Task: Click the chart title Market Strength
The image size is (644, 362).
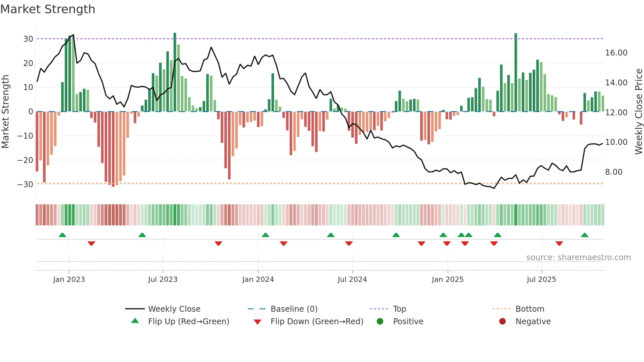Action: click(x=48, y=9)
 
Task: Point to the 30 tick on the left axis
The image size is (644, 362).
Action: click(x=28, y=39)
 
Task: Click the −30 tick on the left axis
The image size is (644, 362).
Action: click(x=25, y=184)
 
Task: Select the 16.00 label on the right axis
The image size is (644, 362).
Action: click(x=616, y=53)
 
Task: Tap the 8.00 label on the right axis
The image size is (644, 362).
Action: click(x=613, y=172)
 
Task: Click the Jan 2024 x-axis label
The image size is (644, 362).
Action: click(x=258, y=280)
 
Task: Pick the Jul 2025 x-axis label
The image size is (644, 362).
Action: click(x=541, y=280)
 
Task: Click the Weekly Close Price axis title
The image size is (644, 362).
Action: click(x=638, y=112)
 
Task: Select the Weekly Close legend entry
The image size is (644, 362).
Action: click(x=174, y=309)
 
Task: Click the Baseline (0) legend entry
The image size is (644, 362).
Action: click(x=294, y=309)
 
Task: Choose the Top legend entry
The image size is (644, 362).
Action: click(x=399, y=309)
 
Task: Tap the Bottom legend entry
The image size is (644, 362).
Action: click(x=530, y=309)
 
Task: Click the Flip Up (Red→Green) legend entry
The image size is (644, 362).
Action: click(x=188, y=322)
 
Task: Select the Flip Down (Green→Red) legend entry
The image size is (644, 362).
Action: click(x=317, y=322)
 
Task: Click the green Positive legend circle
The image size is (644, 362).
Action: click(x=380, y=321)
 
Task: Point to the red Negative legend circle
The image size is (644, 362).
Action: click(x=502, y=321)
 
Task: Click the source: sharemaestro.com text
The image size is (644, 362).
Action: click(x=578, y=258)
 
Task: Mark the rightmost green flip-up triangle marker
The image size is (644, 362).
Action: click(x=585, y=235)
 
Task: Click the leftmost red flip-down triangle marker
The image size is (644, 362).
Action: click(x=91, y=243)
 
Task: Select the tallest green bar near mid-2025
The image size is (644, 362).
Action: click(x=516, y=72)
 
